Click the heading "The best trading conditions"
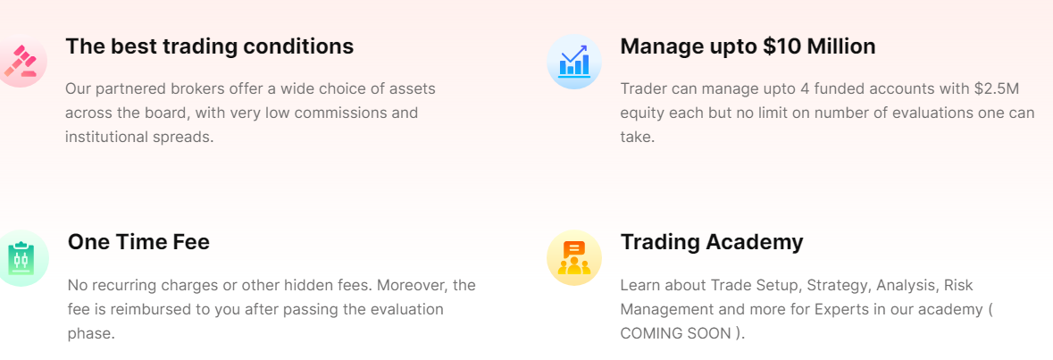[210, 46]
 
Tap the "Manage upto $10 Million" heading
[748, 46]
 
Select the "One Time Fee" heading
[139, 242]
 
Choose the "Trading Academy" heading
[712, 242]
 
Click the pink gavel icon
[21, 62]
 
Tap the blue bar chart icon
[574, 62]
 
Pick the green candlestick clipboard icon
[21, 258]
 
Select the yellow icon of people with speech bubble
[574, 258]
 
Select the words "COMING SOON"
[673, 334]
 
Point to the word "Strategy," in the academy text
[838, 286]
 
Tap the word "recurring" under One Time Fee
[126, 286]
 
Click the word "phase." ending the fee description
[91, 334]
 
